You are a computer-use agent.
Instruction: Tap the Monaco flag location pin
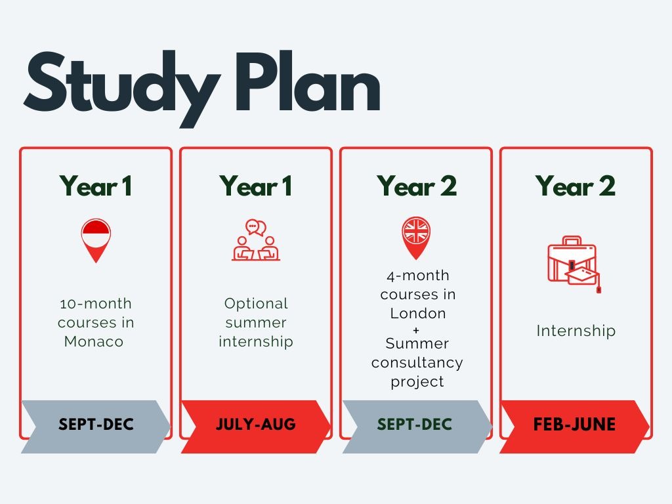click(96, 240)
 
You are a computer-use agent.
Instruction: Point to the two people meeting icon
click(256, 241)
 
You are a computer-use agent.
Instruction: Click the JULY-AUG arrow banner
click(256, 425)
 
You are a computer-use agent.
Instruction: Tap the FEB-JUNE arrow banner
click(575, 425)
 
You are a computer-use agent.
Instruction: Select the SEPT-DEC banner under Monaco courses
click(96, 425)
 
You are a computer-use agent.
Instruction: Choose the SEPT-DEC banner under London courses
click(415, 425)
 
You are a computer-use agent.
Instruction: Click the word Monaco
click(94, 342)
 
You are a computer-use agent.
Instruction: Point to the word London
click(418, 313)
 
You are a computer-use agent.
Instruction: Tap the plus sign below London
click(417, 329)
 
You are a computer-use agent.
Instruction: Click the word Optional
click(256, 304)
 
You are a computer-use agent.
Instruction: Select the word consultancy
click(417, 362)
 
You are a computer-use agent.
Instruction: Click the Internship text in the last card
click(576, 331)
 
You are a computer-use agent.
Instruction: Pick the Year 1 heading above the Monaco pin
click(96, 186)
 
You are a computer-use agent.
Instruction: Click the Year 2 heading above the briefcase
click(576, 186)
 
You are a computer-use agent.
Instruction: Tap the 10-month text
click(96, 304)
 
